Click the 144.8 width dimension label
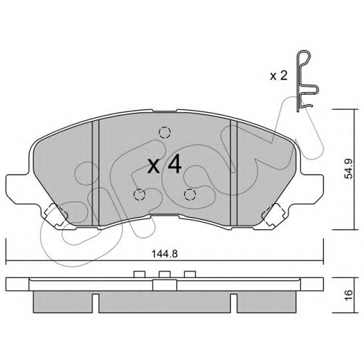pos(165,254)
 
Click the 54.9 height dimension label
pos(349,169)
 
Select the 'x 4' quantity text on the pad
pos(165,165)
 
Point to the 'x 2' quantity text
pos(279,76)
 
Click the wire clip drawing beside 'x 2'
pos(298,85)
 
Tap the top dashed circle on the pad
pos(165,132)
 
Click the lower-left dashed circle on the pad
pos(139,194)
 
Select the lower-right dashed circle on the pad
pos(190,194)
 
